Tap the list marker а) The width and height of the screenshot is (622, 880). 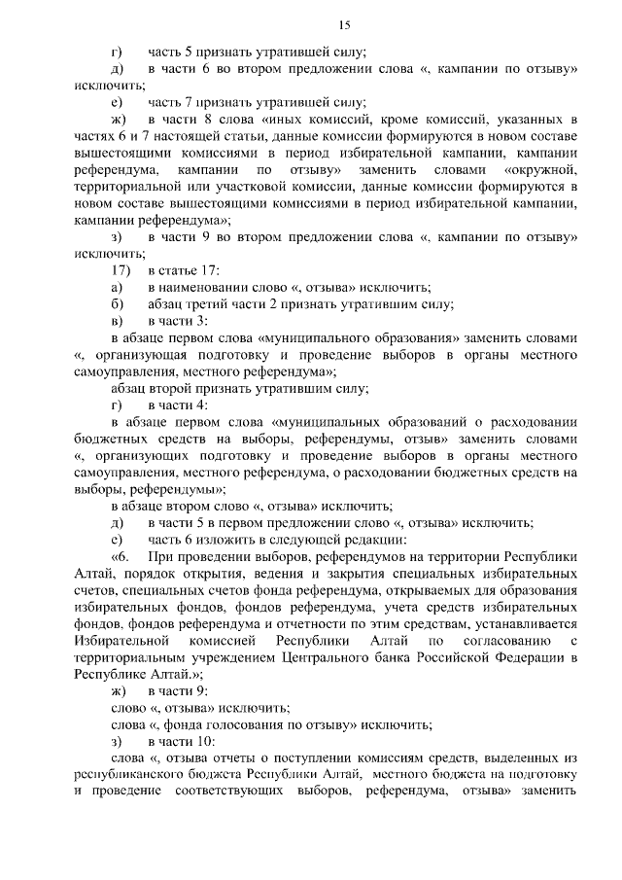[x=118, y=287]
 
